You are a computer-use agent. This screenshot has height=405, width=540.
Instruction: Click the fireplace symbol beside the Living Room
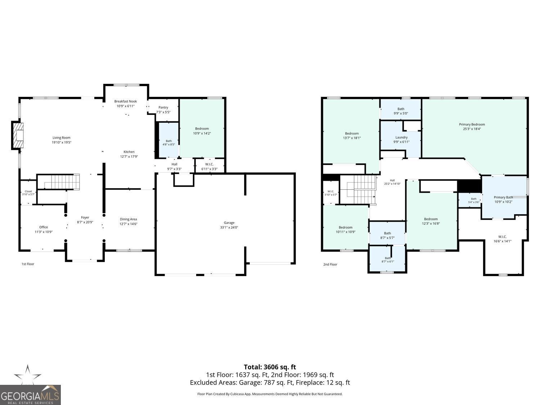pyautogui.click(x=18, y=135)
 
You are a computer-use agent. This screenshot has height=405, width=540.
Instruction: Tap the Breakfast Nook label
pyautogui.click(x=126, y=101)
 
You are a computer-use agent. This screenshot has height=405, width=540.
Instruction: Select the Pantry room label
pyautogui.click(x=163, y=107)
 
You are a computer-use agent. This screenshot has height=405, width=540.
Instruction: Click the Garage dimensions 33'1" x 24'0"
pyautogui.click(x=229, y=228)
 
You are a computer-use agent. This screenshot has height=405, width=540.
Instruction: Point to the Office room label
pyautogui.click(x=44, y=227)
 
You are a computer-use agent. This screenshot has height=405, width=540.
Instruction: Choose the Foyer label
pyautogui.click(x=85, y=217)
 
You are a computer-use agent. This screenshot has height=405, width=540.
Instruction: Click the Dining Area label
pyautogui.click(x=128, y=219)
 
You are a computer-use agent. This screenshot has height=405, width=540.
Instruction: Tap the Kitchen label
pyautogui.click(x=129, y=152)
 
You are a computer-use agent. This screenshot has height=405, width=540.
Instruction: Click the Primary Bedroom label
pyautogui.click(x=472, y=125)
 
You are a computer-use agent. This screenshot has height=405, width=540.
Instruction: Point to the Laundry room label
pyautogui.click(x=401, y=138)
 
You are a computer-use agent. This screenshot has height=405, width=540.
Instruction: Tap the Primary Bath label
pyautogui.click(x=503, y=197)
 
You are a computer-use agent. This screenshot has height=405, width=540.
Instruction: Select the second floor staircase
pyautogui.click(x=358, y=189)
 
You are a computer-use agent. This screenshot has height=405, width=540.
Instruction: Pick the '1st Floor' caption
pyautogui.click(x=28, y=264)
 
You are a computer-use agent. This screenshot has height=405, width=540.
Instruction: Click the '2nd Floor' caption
pyautogui.click(x=330, y=264)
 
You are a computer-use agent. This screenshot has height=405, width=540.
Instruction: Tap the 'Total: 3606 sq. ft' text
pyautogui.click(x=270, y=367)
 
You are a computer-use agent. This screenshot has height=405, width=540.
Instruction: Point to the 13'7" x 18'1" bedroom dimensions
pyautogui.click(x=352, y=138)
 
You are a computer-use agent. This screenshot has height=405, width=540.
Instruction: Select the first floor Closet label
pyautogui.click(x=28, y=191)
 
